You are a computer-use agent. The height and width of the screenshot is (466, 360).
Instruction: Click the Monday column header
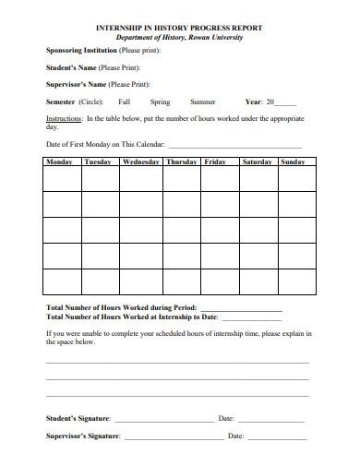pyautogui.click(x=59, y=162)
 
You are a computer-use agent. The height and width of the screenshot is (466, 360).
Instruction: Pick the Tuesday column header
pyautogui.click(x=98, y=162)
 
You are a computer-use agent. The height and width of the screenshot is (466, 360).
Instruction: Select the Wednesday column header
pyautogui.click(x=140, y=162)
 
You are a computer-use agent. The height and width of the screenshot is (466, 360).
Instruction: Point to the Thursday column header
pyautogui.click(x=182, y=162)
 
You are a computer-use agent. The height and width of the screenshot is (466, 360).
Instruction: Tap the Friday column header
pyautogui.click(x=215, y=162)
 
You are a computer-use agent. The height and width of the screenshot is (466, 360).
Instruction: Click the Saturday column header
pyautogui.click(x=257, y=162)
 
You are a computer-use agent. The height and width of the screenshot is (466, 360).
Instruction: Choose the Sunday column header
pyautogui.click(x=293, y=162)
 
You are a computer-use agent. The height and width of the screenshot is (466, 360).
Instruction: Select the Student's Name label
pyautogui.click(x=73, y=67)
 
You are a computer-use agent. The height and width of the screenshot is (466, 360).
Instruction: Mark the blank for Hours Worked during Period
pyautogui.click(x=240, y=307)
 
